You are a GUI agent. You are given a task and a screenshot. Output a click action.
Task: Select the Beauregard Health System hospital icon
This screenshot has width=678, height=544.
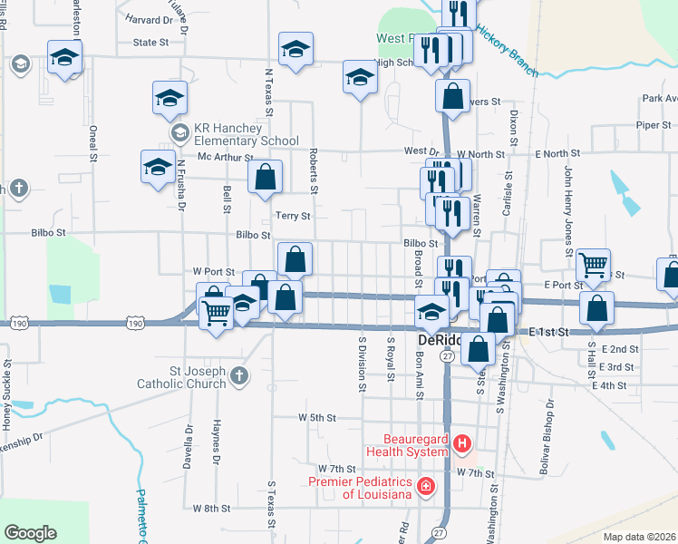(462, 443)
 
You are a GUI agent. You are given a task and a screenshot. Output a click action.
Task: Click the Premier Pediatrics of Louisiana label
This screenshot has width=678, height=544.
(361, 488)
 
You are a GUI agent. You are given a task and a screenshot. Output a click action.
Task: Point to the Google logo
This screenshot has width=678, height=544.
(30, 532)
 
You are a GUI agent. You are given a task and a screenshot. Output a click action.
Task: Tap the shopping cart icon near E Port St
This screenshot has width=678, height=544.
(594, 265)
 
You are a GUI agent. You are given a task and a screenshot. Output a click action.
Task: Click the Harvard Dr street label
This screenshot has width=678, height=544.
(150, 19)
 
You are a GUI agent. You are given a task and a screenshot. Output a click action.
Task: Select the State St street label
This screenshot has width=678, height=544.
(151, 43)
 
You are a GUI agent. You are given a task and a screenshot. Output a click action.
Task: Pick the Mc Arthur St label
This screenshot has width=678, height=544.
(226, 157)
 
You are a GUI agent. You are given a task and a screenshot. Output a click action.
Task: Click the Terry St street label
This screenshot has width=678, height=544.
(293, 217)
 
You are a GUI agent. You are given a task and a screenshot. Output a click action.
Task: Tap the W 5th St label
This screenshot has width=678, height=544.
(317, 418)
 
